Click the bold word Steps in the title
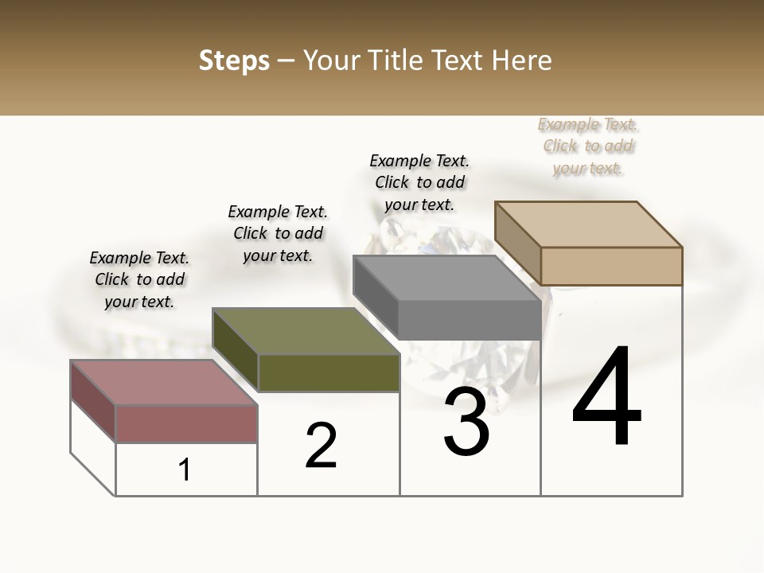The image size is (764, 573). point(234,60)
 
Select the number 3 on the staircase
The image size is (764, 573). point(466,422)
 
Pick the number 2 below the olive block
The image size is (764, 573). point(322,446)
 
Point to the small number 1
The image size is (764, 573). point(185,470)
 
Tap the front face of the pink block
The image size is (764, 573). point(187,423)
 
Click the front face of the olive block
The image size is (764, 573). point(329,372)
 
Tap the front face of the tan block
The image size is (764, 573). point(611,266)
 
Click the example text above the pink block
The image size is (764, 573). point(139,279)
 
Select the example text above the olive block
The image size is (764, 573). point(278,233)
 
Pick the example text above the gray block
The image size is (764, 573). point(419,182)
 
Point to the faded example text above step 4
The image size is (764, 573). point(588,146)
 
